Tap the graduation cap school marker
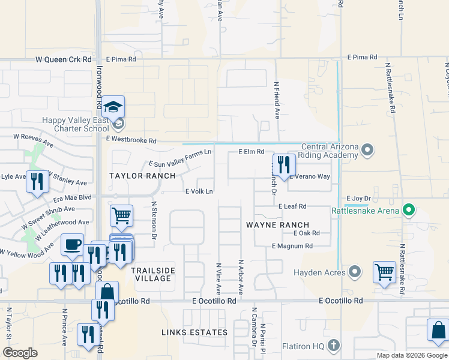[x=112, y=107]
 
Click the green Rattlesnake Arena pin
[x=409, y=210]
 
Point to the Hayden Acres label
[x=319, y=272]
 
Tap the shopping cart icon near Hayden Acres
[x=384, y=272]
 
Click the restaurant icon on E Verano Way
[x=283, y=164]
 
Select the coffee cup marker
[x=73, y=244]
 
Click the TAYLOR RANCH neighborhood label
[x=142, y=176]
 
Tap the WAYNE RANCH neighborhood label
[x=277, y=225]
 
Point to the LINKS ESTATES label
[x=194, y=332]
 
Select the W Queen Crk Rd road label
[x=64, y=59]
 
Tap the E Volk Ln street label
[x=199, y=191]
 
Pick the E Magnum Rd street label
[x=292, y=246]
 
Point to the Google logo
[x=20, y=353]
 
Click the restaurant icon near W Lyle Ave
[x=37, y=182]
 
